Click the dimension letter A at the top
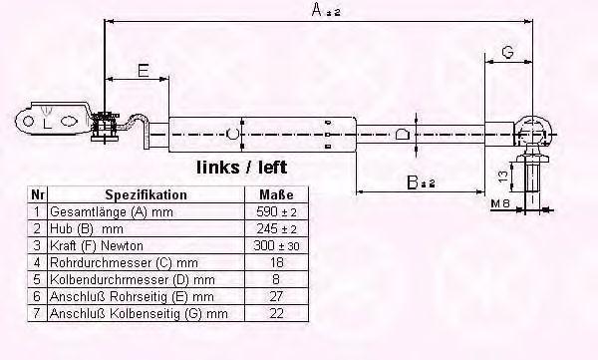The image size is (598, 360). [x=317, y=9]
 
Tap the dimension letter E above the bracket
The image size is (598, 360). [x=143, y=70]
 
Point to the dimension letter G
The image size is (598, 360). [x=507, y=52]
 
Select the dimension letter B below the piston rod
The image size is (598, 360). [x=413, y=182]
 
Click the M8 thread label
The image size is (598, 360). [x=500, y=203]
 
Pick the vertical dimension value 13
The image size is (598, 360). [x=503, y=176]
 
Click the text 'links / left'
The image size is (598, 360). [x=242, y=168]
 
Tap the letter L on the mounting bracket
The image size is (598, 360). [x=47, y=124]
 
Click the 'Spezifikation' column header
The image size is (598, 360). [x=147, y=194]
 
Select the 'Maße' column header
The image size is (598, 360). [x=276, y=194]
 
